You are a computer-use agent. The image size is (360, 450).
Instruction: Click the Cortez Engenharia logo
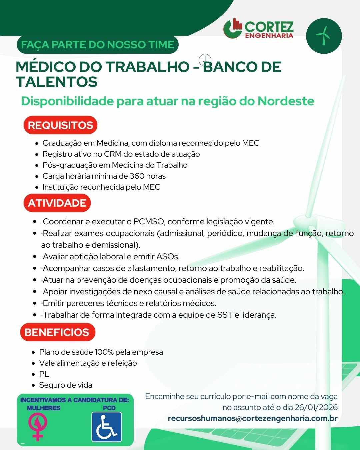coord(259,29)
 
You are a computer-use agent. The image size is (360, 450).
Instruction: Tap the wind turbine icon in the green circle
coord(323,36)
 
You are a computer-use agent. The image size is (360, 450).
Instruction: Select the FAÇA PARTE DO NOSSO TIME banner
coord(97,45)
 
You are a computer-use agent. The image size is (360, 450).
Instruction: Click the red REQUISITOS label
coord(60,125)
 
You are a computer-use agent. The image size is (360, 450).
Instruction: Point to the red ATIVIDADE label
coord(57,203)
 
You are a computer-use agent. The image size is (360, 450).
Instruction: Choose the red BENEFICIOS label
coord(57,332)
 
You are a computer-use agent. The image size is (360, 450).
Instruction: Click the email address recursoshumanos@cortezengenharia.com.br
coord(253,418)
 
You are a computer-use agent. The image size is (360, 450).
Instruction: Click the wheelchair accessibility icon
coord(107,427)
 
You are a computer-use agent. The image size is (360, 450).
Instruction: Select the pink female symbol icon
coord(38,426)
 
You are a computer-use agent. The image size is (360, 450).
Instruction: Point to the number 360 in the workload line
coord(137,176)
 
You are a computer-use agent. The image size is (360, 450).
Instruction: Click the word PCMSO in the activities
coord(149,222)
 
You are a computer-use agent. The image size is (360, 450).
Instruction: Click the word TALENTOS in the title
coord(57,82)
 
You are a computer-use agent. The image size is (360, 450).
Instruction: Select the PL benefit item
coord(44,374)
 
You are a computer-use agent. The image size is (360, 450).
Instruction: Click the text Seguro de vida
coord(66,385)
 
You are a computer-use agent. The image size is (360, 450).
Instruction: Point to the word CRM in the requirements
coord(113,154)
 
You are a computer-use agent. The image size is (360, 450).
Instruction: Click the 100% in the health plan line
coord(104,352)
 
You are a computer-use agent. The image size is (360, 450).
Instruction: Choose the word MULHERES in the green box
coord(44,408)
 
